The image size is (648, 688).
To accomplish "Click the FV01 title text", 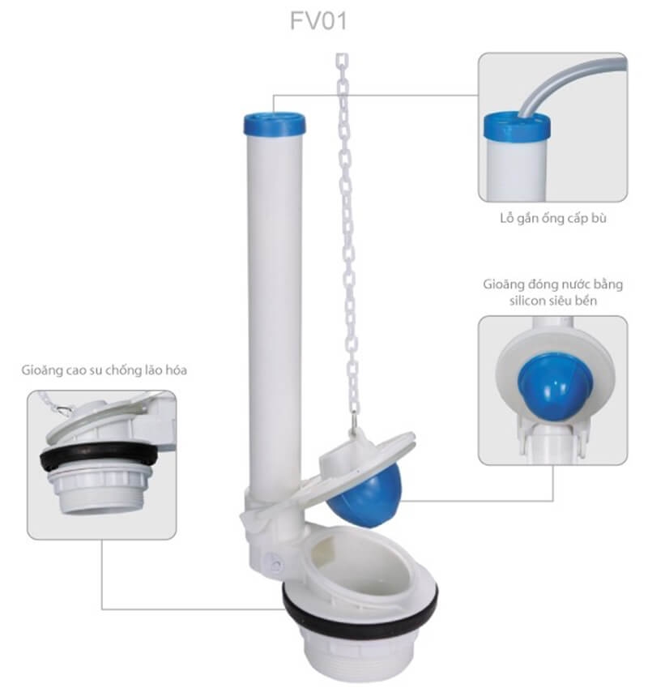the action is (x=319, y=20).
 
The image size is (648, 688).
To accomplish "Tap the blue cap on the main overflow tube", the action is (x=275, y=123).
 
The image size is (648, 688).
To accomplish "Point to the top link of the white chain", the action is (x=342, y=61).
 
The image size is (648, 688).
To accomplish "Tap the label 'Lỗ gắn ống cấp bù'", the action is (x=553, y=219).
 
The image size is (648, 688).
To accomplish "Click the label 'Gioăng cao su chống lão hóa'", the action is (x=104, y=370).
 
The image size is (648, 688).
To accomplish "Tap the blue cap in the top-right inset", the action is (x=517, y=126).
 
